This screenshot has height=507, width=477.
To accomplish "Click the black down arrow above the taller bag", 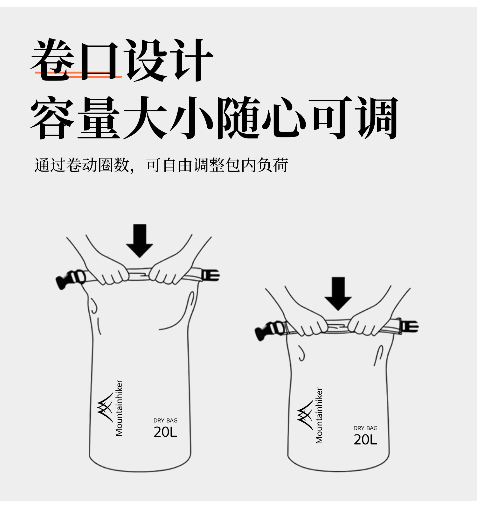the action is (140, 241).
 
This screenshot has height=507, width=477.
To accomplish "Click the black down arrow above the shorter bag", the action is (338, 293).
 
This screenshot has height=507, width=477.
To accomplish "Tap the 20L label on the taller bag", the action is (165, 432).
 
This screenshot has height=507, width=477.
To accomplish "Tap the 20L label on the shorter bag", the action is (365, 440).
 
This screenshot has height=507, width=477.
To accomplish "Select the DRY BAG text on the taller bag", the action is (165, 420).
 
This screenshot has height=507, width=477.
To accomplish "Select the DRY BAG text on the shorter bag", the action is (365, 428).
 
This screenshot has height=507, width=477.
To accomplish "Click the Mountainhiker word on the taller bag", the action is (119, 408).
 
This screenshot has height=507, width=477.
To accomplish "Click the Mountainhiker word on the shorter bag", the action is (319, 415).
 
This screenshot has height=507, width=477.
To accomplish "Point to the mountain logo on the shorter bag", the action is (305, 415).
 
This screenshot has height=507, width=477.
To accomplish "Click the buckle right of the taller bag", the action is (210, 275).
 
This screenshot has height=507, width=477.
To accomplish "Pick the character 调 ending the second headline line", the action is (377, 118).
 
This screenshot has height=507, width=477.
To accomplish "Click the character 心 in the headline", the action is (284, 118).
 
